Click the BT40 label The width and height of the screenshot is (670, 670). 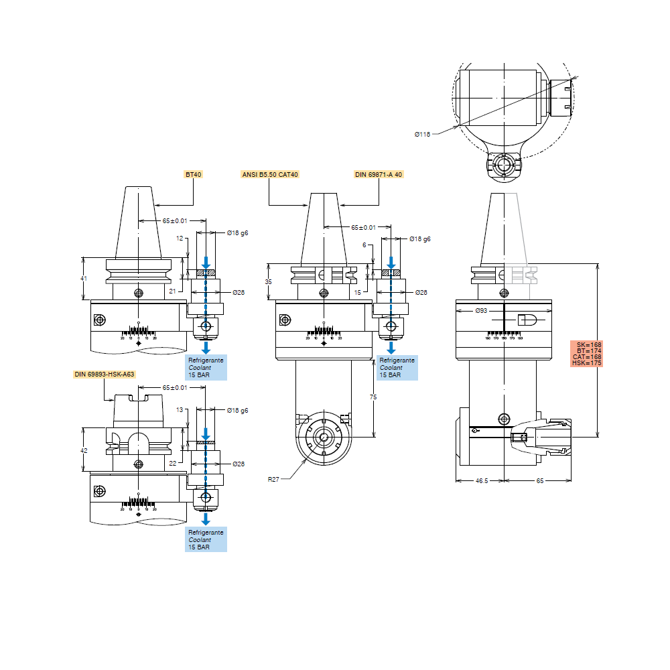(x=193, y=174)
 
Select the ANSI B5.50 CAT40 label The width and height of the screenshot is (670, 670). (x=269, y=174)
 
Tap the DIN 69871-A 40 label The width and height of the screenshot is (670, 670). (x=379, y=174)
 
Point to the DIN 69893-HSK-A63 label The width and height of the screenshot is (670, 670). (x=105, y=374)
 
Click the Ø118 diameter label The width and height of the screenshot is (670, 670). (x=422, y=135)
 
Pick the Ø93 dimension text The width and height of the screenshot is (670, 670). (x=481, y=311)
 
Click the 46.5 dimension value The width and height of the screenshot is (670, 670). (x=481, y=481)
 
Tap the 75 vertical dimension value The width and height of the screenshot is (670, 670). (x=373, y=398)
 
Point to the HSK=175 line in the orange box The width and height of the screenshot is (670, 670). (x=587, y=363)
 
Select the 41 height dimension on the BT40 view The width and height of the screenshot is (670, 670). (x=84, y=278)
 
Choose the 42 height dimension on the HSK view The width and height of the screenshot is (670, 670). (x=84, y=451)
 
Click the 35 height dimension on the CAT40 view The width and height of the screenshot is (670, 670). (x=269, y=282)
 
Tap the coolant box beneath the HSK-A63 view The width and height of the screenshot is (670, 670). (x=206, y=539)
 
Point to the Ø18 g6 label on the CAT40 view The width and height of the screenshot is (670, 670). (x=419, y=239)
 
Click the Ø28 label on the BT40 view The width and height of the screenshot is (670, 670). (x=239, y=293)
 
